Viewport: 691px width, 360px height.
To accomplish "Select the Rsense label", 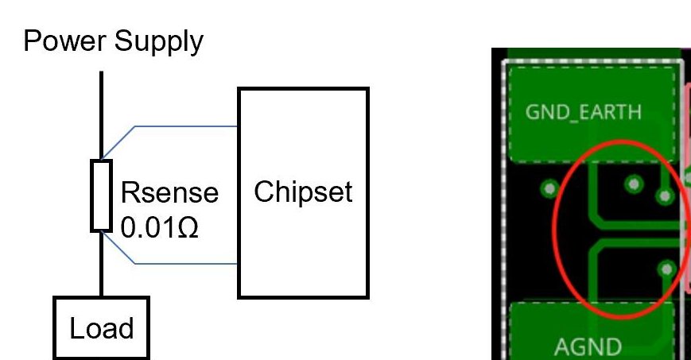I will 169,193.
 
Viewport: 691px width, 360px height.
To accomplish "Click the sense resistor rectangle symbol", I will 102,195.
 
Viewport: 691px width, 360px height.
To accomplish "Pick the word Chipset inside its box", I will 303,192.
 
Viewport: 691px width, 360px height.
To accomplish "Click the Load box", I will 101,327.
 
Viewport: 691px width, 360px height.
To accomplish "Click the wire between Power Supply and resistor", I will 102,115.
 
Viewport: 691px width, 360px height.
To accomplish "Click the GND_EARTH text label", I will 584,111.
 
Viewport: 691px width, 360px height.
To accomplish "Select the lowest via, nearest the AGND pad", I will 667,269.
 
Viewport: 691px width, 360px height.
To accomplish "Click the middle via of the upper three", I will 634,184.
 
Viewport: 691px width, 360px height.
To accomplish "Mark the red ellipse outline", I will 557,230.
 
